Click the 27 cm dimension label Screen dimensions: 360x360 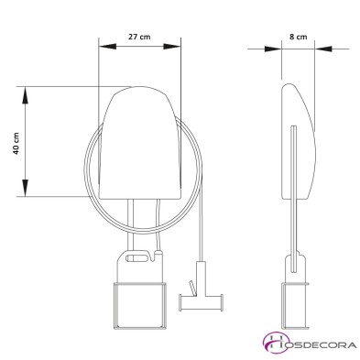point(139,37)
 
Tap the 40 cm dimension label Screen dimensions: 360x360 point(16,143)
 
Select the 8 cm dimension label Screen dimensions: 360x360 point(298,37)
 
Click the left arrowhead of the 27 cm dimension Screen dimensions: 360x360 point(108,47)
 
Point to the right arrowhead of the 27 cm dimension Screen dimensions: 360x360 point(172,47)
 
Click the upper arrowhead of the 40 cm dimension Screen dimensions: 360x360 point(25,95)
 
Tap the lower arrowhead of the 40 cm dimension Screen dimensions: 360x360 point(25,188)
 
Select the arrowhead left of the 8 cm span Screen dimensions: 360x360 point(273,49)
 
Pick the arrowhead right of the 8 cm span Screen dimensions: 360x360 point(323,49)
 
